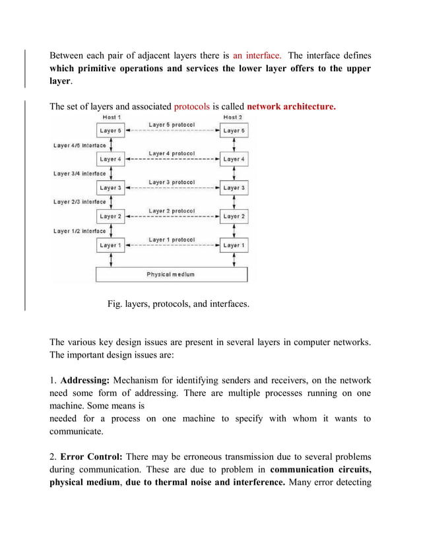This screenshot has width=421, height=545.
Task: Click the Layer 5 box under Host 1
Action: tap(110, 131)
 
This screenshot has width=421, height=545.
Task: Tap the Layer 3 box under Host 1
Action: tap(110, 187)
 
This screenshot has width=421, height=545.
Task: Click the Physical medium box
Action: tap(172, 274)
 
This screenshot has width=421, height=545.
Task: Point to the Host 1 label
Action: tap(110, 117)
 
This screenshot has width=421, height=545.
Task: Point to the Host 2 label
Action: tap(232, 117)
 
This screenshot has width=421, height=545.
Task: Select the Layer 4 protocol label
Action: tap(172, 153)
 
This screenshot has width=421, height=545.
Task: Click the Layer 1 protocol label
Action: tap(172, 239)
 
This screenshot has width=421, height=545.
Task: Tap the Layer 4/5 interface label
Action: tap(79, 145)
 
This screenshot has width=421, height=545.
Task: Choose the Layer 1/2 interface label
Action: tap(79, 231)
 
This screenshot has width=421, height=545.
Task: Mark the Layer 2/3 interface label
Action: tap(79, 202)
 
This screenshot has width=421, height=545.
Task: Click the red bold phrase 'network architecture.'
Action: tap(291, 106)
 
